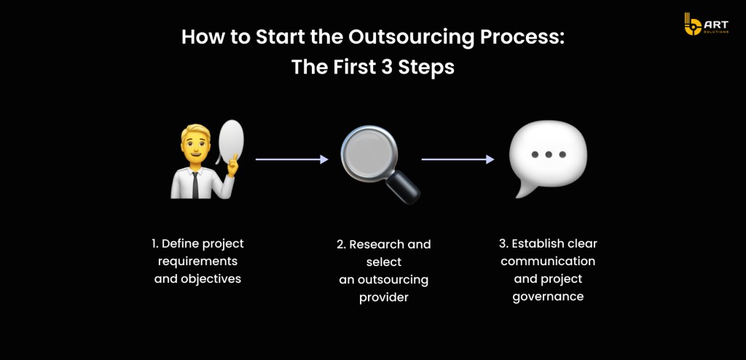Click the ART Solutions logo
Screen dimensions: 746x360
(x=706, y=24)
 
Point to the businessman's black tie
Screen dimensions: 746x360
(x=195, y=185)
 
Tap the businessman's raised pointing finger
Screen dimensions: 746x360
(x=233, y=160)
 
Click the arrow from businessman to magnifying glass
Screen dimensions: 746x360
(x=292, y=160)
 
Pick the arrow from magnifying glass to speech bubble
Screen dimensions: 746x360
(x=458, y=160)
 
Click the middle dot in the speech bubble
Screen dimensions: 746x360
(x=549, y=154)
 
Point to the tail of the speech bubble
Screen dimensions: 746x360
(x=522, y=190)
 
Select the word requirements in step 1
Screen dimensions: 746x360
(x=197, y=262)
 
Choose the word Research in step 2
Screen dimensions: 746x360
(x=376, y=245)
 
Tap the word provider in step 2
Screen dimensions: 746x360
(x=384, y=298)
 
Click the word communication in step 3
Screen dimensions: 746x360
(x=548, y=262)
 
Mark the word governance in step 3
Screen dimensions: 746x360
(x=548, y=297)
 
